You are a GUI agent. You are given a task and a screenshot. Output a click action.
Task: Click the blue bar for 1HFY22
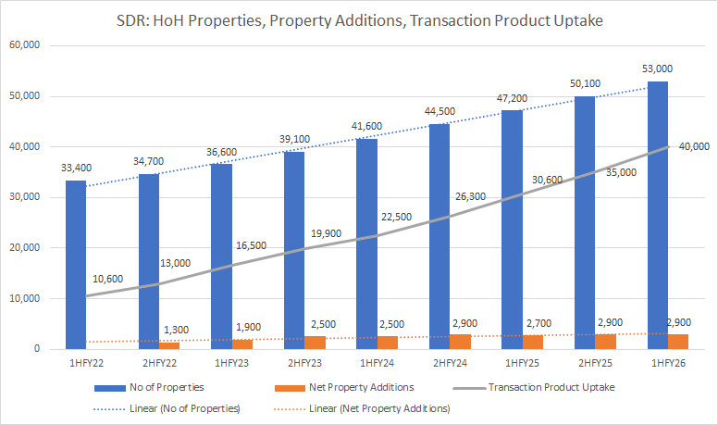click(x=76, y=264)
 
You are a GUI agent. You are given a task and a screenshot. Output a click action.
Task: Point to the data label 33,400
click(x=76, y=168)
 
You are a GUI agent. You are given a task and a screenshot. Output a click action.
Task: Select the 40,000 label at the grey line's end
click(x=693, y=146)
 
